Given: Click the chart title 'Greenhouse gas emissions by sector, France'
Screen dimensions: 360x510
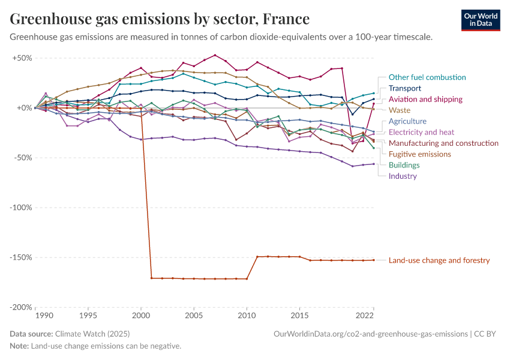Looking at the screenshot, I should coord(160,19).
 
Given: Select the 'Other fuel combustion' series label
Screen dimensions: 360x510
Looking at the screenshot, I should coord(427,77).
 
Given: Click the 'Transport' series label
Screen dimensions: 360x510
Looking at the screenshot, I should coord(405,88).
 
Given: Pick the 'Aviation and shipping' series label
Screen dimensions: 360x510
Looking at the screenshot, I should coord(425,99).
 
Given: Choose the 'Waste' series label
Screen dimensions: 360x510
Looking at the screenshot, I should coord(400,110).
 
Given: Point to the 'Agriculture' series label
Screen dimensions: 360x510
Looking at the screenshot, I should coord(408,121).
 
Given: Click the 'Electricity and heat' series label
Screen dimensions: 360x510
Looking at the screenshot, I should coord(421,132).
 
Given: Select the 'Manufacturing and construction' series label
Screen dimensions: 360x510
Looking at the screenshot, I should coord(443,143).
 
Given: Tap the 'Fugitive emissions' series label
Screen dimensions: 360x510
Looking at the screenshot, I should coord(420,154).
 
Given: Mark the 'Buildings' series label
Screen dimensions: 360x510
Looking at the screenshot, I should coord(404,165).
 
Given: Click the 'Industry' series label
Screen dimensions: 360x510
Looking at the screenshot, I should coord(403,176).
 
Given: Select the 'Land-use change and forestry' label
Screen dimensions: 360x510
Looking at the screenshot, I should coord(439,260).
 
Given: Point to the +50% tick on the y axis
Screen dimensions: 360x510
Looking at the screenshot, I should coord(22,58).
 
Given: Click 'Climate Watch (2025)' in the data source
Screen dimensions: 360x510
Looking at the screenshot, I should coord(92,334).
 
